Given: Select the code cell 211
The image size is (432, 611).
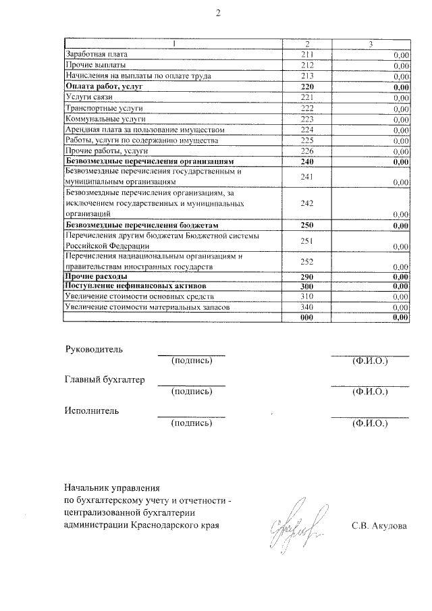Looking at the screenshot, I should (x=307, y=54).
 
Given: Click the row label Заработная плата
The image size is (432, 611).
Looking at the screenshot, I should (x=96, y=54).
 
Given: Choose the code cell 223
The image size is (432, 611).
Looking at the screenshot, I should (x=307, y=119).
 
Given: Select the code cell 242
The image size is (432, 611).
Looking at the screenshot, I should (x=307, y=203).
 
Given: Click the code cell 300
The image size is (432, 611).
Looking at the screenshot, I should (x=307, y=287).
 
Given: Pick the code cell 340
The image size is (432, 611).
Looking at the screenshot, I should (x=307, y=307).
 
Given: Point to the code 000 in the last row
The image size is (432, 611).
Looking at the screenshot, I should (x=307, y=317).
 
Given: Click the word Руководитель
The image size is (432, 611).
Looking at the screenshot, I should (x=94, y=349).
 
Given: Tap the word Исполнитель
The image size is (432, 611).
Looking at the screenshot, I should (x=91, y=410).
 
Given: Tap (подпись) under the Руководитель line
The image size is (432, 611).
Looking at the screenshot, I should (x=192, y=361).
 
